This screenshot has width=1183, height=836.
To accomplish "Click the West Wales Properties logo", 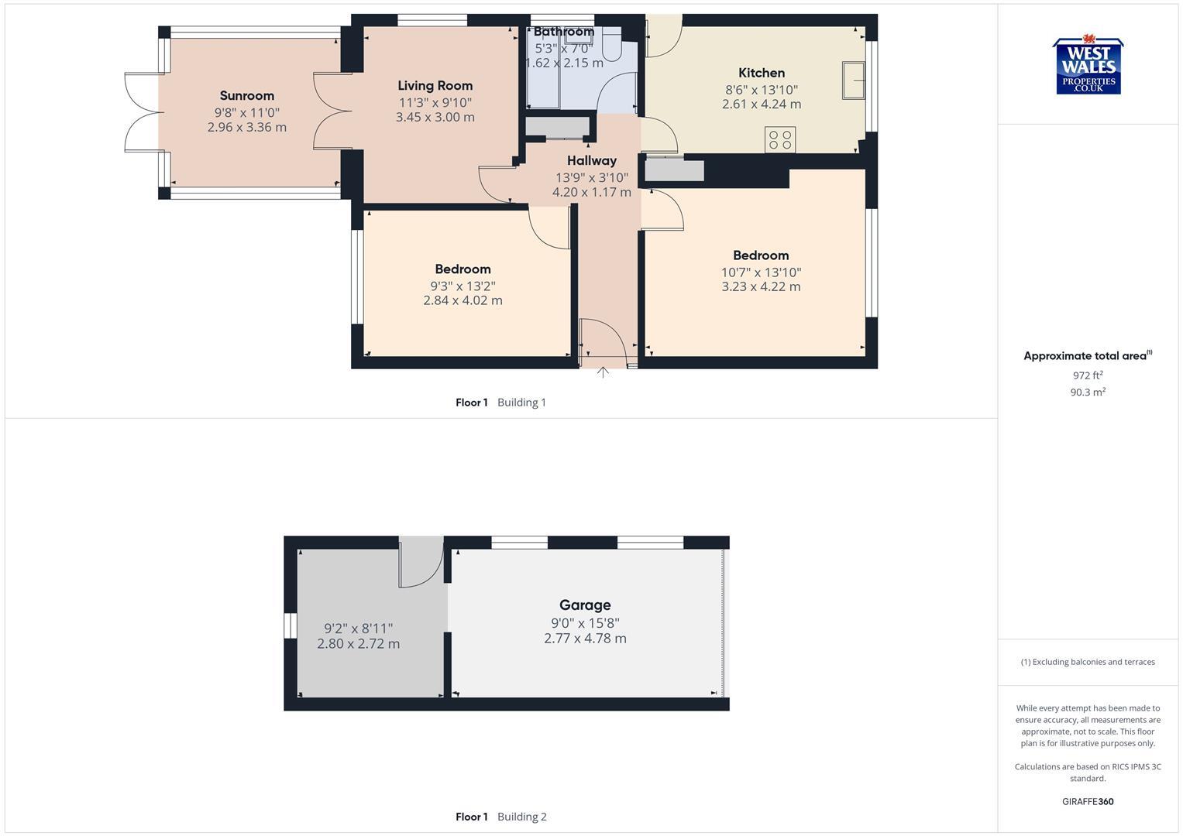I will coord(1088,67).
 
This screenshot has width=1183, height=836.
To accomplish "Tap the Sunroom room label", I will coord(246,96).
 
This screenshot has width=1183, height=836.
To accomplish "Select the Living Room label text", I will coord(435,86).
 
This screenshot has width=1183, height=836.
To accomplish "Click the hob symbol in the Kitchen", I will coord(780,140).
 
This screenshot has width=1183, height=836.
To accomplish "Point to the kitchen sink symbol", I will coord(855,81).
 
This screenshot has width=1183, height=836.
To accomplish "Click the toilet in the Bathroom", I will coord(611,46).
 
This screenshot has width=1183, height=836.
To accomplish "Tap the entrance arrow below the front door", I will coord(603,372).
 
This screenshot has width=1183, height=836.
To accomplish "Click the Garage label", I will coord(585,605).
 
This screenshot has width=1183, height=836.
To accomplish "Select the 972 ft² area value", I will coord(1088,375).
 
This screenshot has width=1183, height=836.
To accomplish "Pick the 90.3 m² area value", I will coord(1088,392).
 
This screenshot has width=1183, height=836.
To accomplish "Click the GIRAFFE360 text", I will coord(1088,802).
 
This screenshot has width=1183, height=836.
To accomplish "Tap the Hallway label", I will coord(592,161).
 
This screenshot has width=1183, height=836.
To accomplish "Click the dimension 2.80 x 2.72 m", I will coord(358,644).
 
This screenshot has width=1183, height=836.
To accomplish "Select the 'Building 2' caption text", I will coord(521,817).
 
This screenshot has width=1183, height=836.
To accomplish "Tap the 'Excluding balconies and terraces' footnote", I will coord(1088,662).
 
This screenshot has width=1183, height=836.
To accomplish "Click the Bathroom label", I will coord(563,32).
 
